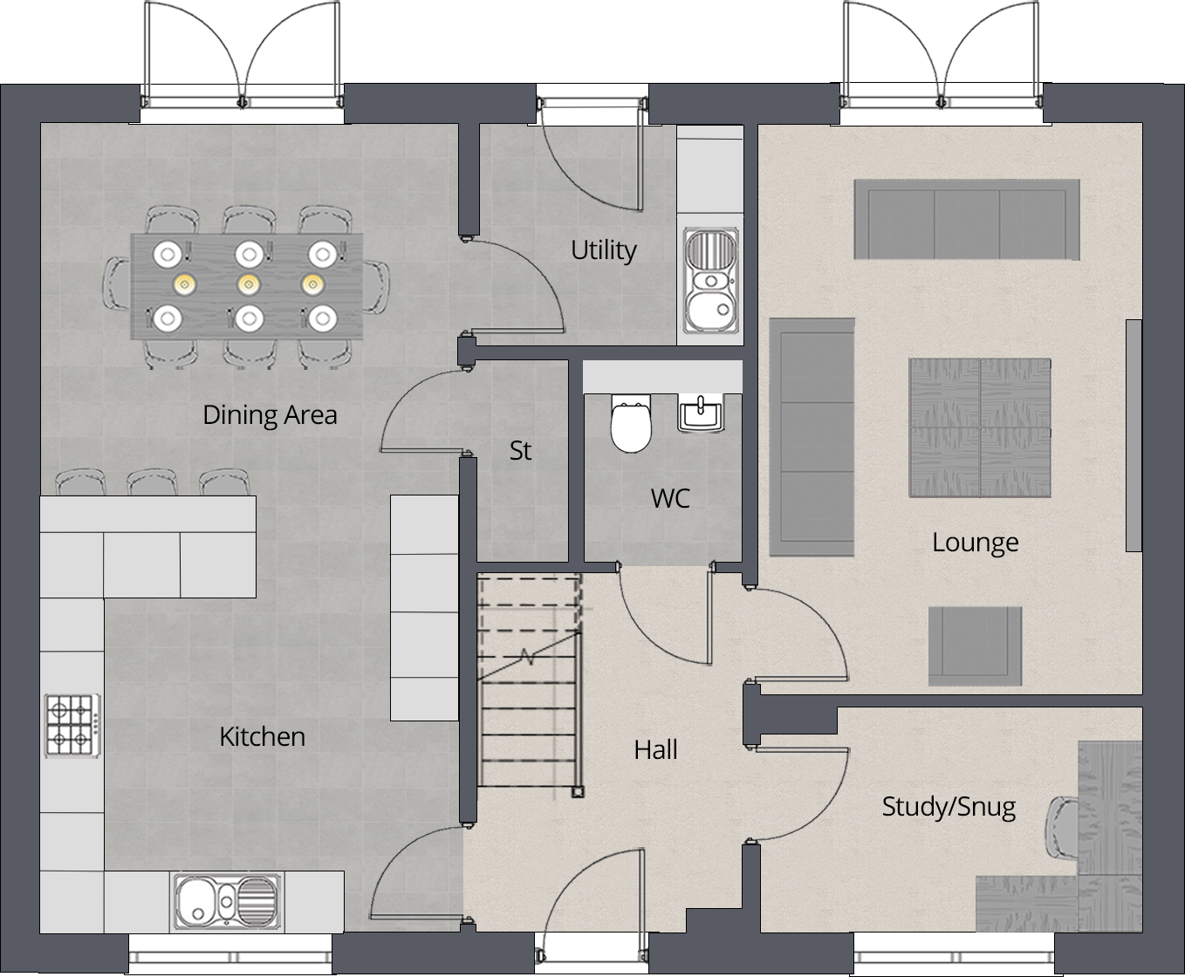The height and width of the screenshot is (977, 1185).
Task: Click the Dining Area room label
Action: (x=270, y=414)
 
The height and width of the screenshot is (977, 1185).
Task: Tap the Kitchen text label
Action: (x=262, y=737)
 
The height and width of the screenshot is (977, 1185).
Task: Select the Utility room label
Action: (x=603, y=250)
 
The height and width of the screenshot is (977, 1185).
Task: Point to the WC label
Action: (x=670, y=499)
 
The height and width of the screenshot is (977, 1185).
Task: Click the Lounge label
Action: (x=975, y=543)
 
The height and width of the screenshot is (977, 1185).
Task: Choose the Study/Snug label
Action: (x=949, y=807)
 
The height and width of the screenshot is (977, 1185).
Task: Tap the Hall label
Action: (x=655, y=750)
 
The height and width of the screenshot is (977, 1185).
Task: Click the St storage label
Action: (x=520, y=451)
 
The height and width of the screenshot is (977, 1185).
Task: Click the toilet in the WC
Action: (x=631, y=424)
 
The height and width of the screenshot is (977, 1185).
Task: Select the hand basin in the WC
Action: (x=700, y=413)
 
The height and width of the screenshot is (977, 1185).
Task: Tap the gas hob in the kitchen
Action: (x=72, y=725)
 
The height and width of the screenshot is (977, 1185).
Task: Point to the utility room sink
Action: (x=711, y=281)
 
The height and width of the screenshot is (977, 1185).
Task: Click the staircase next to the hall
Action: (x=530, y=680)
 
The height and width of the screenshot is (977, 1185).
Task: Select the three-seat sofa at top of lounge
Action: (x=966, y=219)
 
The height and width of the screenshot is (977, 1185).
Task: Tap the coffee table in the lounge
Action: (x=980, y=427)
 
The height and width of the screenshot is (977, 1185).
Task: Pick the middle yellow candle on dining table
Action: (x=249, y=284)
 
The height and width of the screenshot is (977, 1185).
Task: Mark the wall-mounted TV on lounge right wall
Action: (x=1133, y=435)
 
